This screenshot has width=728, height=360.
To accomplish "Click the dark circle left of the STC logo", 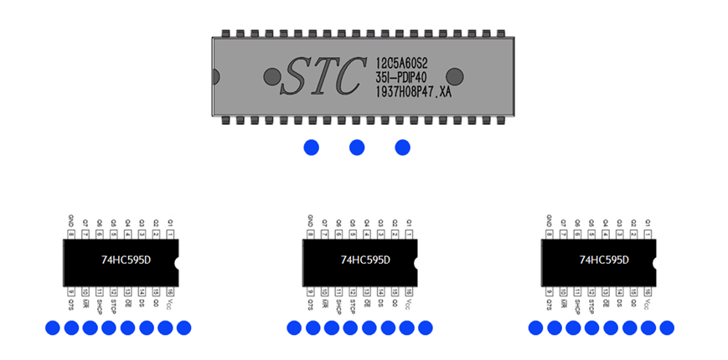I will (x=271, y=77).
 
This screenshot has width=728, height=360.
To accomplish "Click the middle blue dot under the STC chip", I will (x=357, y=147).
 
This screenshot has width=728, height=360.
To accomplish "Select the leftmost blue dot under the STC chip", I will (x=311, y=147).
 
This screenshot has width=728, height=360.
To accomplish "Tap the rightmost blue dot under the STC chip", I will (x=402, y=147).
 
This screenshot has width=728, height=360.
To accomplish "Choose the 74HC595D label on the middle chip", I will (x=364, y=260).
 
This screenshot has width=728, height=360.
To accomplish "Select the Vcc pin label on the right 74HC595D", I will (x=647, y=303).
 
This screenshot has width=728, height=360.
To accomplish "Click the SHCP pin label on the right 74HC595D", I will (x=576, y=305).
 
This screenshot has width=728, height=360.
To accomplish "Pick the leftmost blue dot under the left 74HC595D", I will (x=52, y=327).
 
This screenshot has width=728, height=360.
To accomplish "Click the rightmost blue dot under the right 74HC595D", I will (x=667, y=327).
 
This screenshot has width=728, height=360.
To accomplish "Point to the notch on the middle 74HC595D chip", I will (x=416, y=262).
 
